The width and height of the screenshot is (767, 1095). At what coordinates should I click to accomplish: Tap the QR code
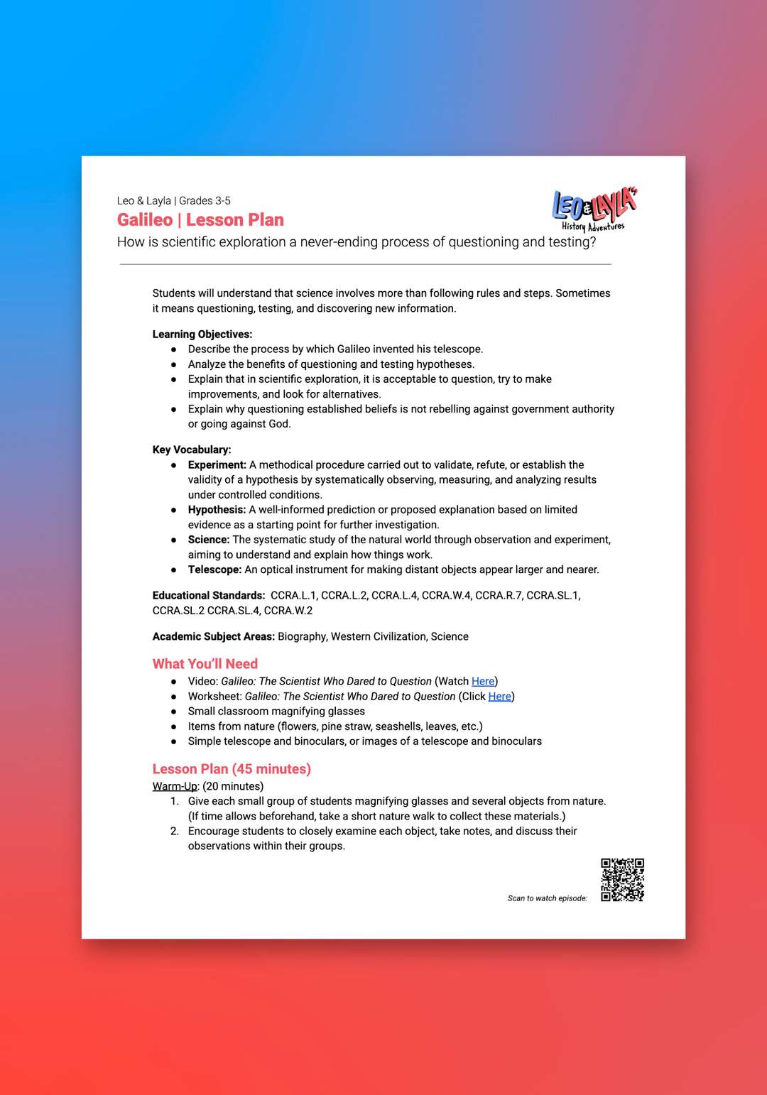click(x=622, y=880)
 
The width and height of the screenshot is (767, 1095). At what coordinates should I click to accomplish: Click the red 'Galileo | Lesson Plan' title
click(x=200, y=220)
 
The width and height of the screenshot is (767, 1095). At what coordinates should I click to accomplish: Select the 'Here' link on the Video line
click(x=483, y=681)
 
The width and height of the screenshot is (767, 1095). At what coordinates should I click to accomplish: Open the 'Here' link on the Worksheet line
click(x=499, y=696)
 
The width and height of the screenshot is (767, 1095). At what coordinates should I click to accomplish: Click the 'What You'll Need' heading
click(x=205, y=664)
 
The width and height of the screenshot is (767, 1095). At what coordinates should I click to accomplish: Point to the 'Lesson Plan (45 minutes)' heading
click(x=232, y=769)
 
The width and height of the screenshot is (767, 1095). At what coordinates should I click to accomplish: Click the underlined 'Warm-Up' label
click(x=175, y=786)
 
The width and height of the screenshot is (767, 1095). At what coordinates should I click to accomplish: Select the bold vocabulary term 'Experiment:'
click(x=217, y=464)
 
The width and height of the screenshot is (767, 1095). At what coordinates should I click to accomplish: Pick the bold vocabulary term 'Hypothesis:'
click(x=217, y=509)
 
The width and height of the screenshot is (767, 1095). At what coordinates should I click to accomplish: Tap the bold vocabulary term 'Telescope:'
click(x=214, y=570)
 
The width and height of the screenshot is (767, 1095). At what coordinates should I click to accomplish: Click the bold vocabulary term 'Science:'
click(x=209, y=540)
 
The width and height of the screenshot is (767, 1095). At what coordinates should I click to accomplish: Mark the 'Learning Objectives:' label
click(x=202, y=334)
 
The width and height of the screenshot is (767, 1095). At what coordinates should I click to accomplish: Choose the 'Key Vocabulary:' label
click(x=191, y=450)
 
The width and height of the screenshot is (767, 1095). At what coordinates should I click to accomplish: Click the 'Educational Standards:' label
click(x=209, y=595)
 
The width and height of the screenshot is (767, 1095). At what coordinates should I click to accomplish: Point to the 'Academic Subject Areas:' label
click(x=213, y=636)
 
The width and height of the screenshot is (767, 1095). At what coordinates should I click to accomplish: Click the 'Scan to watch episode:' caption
click(x=547, y=898)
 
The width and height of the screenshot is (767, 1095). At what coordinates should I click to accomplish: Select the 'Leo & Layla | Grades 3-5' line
click(x=174, y=200)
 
